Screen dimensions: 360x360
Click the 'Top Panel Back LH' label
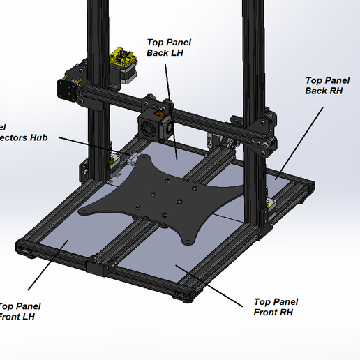pyautogui.click(x=168, y=47)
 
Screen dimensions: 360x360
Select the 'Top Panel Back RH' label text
pyautogui.click(x=327, y=85)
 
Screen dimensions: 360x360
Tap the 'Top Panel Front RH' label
pyautogui.click(x=276, y=307)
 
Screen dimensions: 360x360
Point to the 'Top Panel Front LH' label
pyautogui.click(x=20, y=311)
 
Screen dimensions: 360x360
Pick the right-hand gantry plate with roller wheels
pyautogui.click(x=262, y=137)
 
